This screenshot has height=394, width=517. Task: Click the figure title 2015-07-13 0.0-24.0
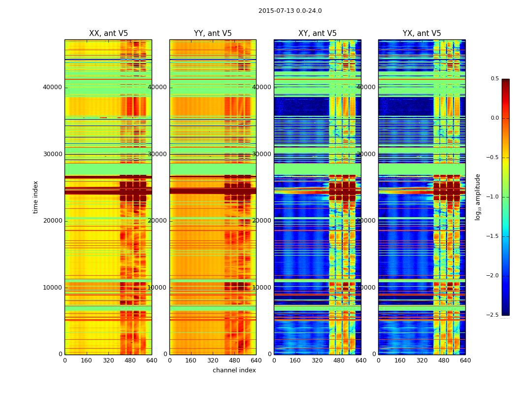click(290, 11)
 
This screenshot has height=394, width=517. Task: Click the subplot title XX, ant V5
click(108, 33)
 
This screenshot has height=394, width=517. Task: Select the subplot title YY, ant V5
click(213, 33)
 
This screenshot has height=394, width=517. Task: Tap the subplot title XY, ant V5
click(318, 33)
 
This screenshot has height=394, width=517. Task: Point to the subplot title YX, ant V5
click(422, 33)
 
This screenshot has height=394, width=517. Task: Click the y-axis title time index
click(35, 197)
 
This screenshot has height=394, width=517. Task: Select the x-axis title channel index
click(234, 370)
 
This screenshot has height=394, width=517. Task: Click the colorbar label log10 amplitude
click(478, 197)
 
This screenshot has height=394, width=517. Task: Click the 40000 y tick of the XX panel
click(53, 87)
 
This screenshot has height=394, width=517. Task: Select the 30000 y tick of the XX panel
click(53, 154)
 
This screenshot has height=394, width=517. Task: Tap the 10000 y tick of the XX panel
click(53, 288)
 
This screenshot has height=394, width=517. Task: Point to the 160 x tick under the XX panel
click(86, 361)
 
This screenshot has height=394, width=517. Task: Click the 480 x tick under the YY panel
click(234, 361)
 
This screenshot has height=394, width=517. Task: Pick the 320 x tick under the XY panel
click(318, 361)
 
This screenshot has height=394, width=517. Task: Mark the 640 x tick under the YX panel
click(465, 361)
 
